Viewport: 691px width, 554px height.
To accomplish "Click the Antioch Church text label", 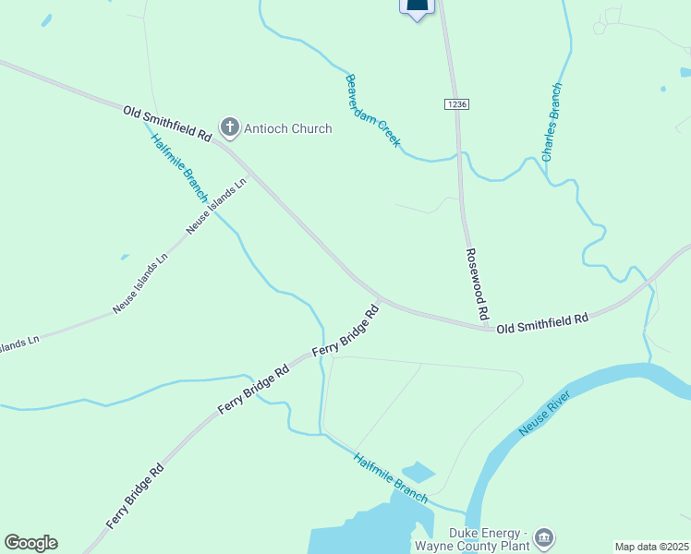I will point(286,128).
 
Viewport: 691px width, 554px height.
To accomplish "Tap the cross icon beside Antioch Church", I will point(228,128).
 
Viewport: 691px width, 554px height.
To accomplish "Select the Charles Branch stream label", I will point(552,123).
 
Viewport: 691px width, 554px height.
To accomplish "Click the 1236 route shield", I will point(456,104).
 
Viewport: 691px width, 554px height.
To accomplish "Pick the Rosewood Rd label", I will point(477,284).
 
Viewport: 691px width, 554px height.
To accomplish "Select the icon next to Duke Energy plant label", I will point(545,536).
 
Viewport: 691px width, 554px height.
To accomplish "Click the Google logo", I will point(30,543).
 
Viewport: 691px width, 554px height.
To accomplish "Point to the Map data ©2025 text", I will point(651,547).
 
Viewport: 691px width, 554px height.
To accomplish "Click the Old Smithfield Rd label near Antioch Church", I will point(167,123).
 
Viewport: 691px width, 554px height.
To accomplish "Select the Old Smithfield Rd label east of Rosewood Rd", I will point(542,323).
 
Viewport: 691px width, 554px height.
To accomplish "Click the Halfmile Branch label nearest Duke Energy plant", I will point(391,477).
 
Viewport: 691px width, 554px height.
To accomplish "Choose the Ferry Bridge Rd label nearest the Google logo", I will point(135,496).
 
